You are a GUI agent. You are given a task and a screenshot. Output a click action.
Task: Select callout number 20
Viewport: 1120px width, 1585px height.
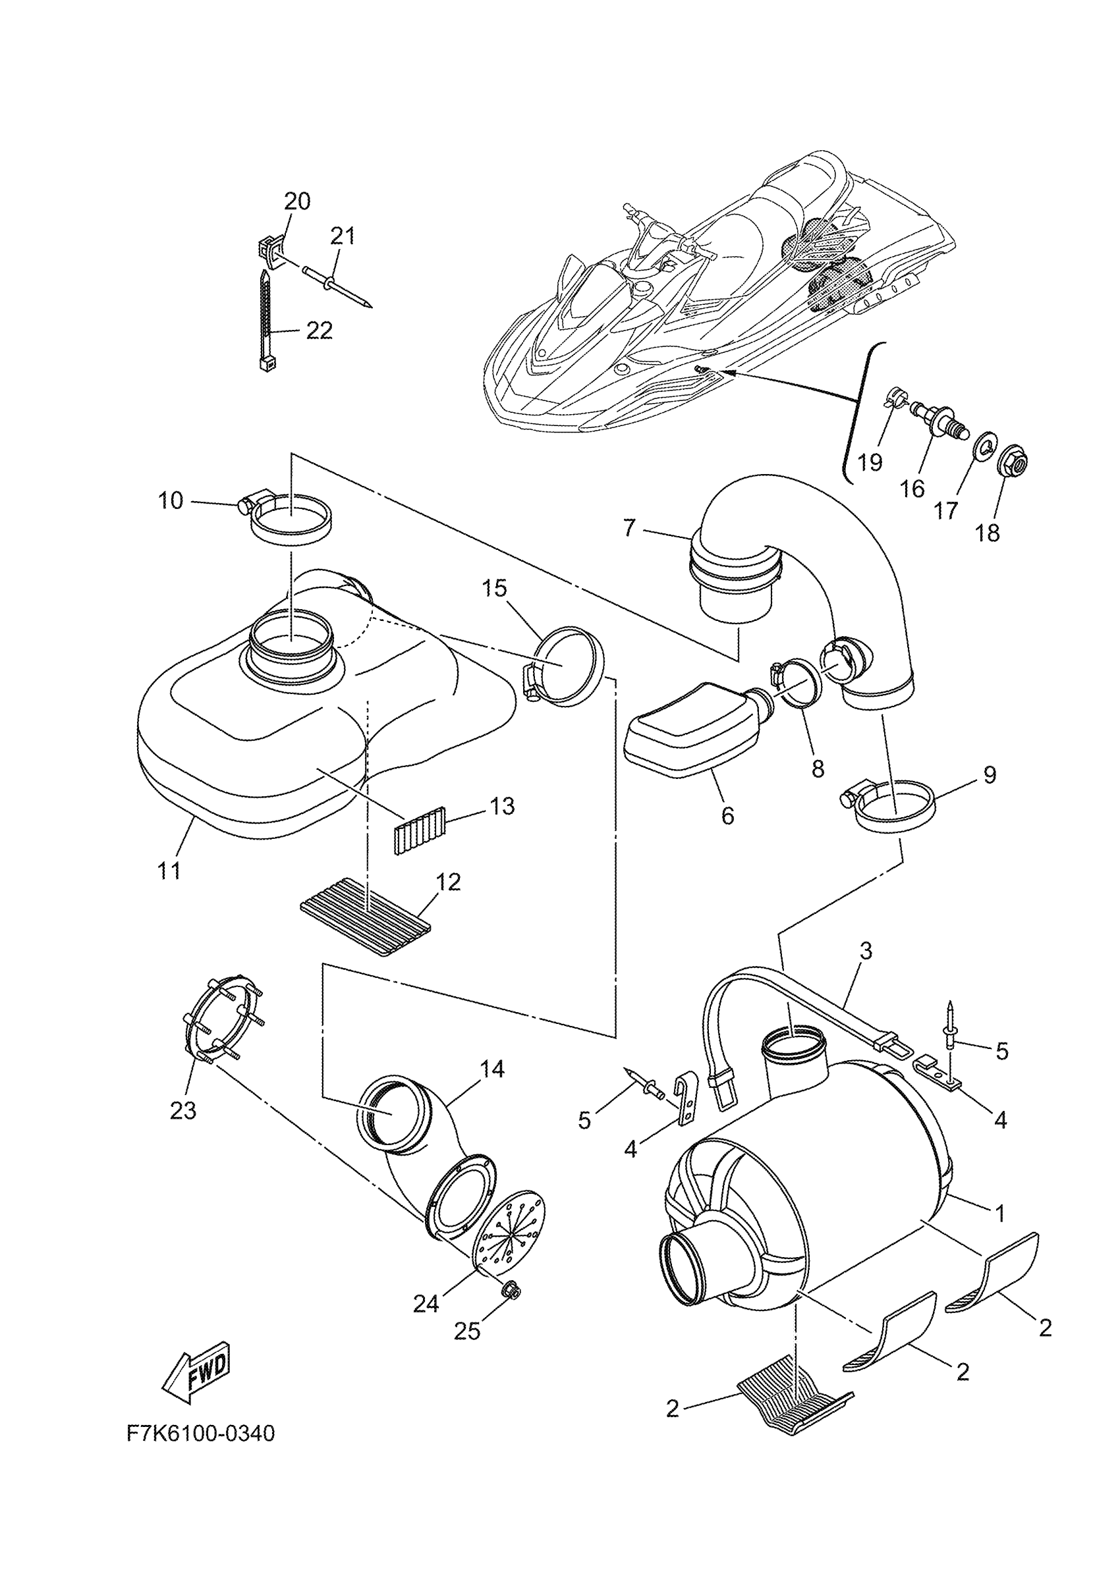pyautogui.click(x=297, y=201)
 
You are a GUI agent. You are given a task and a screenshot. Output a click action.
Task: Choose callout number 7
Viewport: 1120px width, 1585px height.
pyautogui.click(x=629, y=527)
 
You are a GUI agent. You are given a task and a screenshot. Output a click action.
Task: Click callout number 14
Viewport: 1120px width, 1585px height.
pyautogui.click(x=492, y=1069)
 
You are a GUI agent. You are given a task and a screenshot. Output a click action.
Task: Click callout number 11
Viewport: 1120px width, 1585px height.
pyautogui.click(x=170, y=870)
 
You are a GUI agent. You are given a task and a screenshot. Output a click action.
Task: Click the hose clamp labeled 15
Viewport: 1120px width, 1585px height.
pyautogui.click(x=566, y=666)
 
